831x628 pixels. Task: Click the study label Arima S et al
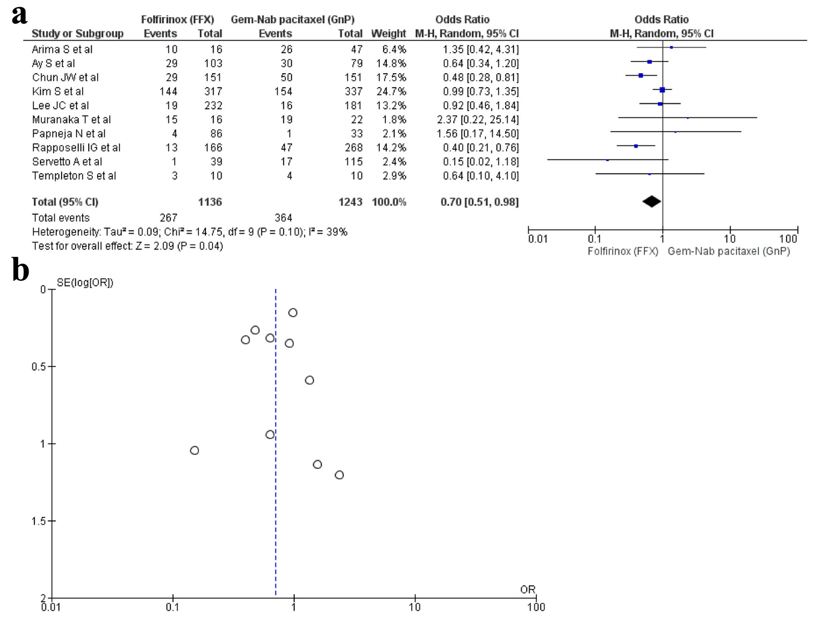62,49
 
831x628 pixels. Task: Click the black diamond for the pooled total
651,202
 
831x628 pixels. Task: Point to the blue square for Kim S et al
662,90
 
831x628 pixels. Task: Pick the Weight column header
388,34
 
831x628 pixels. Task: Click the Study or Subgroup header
77,34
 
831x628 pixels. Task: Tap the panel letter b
20,271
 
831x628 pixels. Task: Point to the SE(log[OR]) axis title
85,282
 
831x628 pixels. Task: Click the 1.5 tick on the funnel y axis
40,521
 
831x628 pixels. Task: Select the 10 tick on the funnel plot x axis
415,607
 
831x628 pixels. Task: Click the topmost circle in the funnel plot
293,313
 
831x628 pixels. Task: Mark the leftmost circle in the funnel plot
195,450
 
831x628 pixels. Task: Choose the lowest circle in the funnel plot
339,475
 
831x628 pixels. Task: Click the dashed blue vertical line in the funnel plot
276,516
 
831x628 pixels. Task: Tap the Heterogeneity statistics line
189,232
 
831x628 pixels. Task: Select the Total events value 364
283,218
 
